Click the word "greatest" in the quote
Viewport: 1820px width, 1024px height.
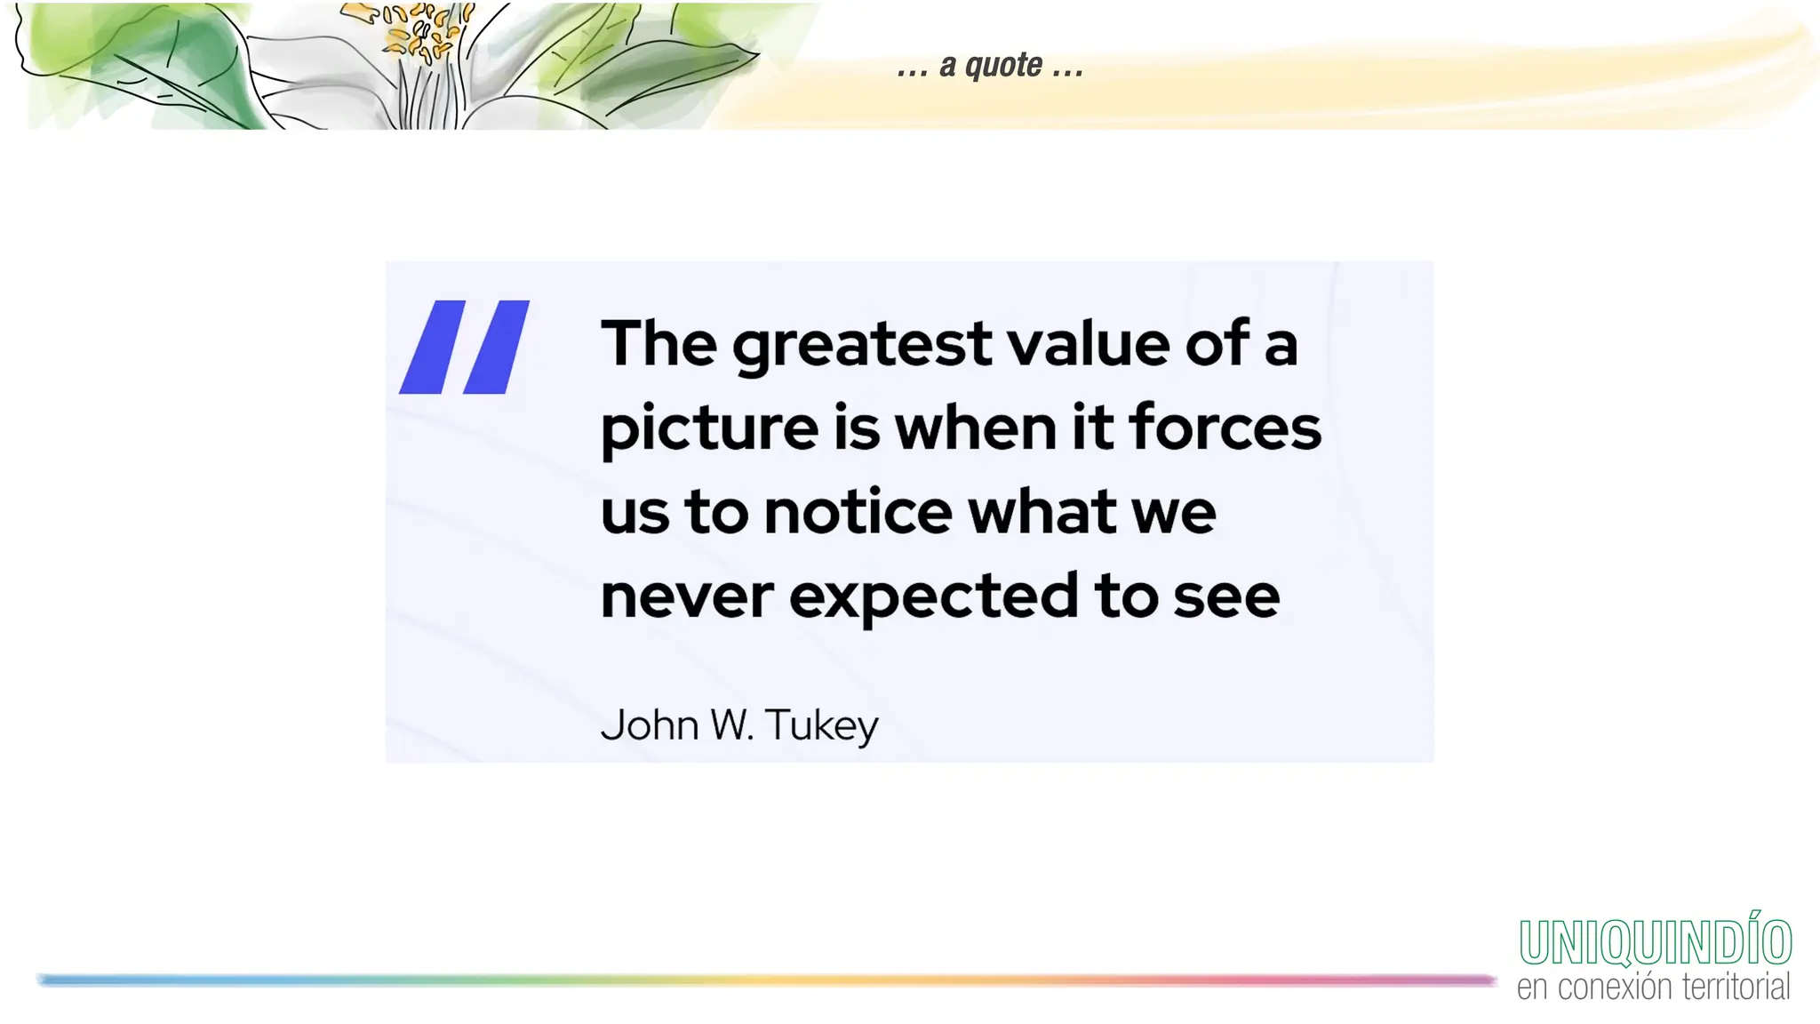(861, 345)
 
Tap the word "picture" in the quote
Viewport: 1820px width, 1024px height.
(709, 428)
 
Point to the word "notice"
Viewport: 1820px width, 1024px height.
(858, 512)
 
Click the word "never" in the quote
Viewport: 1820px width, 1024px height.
(686, 596)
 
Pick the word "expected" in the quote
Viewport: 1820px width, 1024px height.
(933, 597)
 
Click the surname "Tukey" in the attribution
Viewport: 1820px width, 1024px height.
(821, 725)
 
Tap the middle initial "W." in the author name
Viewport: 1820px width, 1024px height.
(732, 724)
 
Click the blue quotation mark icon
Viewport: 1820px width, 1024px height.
(464, 347)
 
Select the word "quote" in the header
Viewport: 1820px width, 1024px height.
(1003, 65)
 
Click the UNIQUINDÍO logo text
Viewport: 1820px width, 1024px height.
(1655, 941)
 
